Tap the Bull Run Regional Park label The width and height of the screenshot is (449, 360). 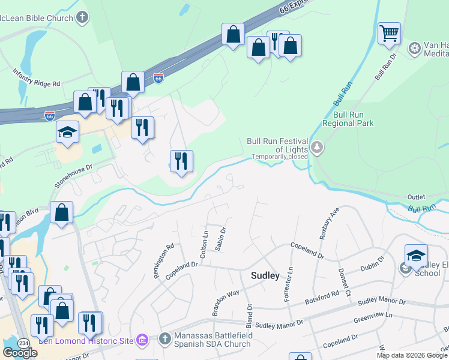[348, 119]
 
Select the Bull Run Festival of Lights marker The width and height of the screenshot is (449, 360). [317, 146]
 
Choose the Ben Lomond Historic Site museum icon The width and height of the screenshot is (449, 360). [142, 340]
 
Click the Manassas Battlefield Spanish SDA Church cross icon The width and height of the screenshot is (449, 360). [165, 338]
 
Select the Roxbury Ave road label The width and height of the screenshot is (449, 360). [330, 224]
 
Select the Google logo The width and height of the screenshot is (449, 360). [20, 353]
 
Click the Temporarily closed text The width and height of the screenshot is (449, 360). [280, 157]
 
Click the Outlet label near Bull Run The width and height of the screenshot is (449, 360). [416, 197]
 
